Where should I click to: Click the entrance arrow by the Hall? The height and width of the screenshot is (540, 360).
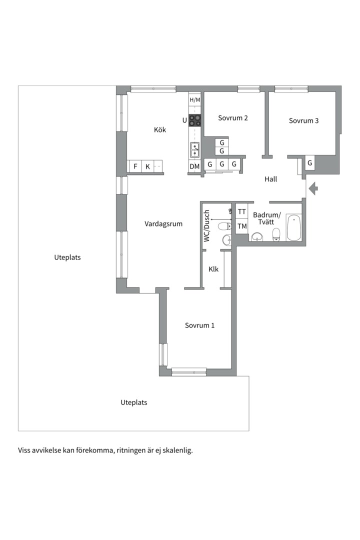(313, 188)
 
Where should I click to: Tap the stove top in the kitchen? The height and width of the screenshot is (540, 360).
(195, 120)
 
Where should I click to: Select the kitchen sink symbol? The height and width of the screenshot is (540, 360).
(194, 150)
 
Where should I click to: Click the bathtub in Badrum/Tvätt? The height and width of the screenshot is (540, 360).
(294, 227)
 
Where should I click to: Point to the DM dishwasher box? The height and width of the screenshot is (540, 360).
(194, 166)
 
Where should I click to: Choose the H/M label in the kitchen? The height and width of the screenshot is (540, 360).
(194, 100)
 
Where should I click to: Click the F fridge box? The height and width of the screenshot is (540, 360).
(135, 166)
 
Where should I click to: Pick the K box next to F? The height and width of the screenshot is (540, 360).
(147, 166)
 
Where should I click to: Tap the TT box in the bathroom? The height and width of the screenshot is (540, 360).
(242, 211)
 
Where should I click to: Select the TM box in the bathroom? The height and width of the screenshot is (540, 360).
(242, 226)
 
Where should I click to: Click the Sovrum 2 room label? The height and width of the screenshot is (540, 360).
(233, 118)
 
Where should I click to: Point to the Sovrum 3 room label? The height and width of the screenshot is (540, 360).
(303, 120)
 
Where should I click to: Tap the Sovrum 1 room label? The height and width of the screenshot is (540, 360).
(199, 325)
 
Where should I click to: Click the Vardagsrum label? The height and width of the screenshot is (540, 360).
(163, 224)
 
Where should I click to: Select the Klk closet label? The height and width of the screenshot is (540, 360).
(213, 269)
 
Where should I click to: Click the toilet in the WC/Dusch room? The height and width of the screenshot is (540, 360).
(225, 226)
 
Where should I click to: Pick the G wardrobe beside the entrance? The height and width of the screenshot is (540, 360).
(309, 163)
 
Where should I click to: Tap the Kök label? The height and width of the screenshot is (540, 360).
(160, 129)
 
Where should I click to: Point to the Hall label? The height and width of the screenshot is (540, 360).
(271, 179)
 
